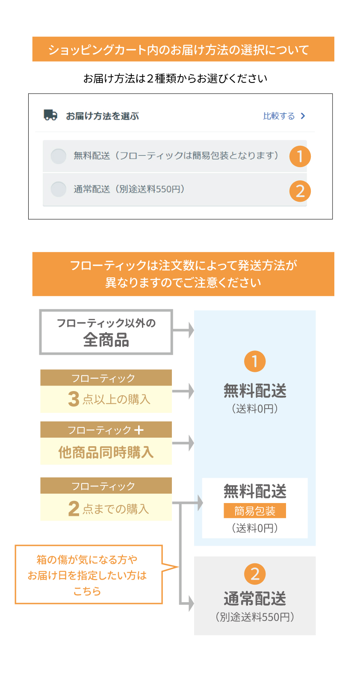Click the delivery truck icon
(50, 115)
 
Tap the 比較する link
(279, 116)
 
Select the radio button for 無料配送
(59, 156)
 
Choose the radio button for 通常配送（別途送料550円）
(59, 189)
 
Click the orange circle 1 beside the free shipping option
(300, 156)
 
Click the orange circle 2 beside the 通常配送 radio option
(300, 191)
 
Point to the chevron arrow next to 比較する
(303, 116)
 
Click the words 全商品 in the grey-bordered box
(106, 340)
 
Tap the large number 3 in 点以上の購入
(74, 399)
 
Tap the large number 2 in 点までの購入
(74, 509)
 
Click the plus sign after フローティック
(139, 430)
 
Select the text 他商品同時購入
(106, 452)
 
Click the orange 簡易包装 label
(255, 511)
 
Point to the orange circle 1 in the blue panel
(255, 362)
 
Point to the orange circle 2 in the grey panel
(255, 574)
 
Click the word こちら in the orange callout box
(87, 591)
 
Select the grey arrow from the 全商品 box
(183, 330)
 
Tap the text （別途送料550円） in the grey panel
(255, 617)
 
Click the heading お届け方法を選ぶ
(102, 116)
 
